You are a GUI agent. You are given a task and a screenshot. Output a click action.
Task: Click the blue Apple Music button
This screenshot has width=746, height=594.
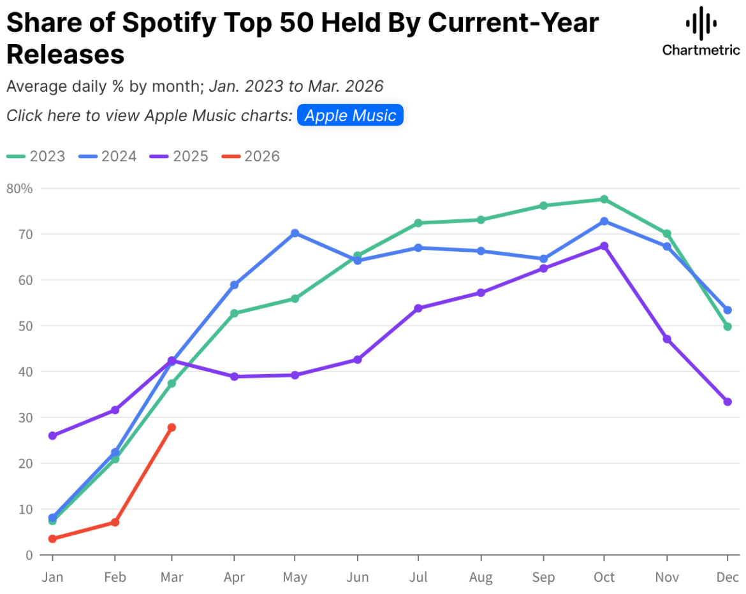click(x=350, y=115)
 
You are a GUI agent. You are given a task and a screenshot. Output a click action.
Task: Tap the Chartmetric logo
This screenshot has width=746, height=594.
click(x=701, y=32)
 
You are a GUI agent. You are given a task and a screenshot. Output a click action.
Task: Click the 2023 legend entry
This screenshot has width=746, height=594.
click(x=36, y=156)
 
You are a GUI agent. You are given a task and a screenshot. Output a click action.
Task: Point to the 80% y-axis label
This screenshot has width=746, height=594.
click(x=19, y=188)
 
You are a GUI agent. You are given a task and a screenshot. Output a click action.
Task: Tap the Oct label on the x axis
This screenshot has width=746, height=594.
click(x=604, y=577)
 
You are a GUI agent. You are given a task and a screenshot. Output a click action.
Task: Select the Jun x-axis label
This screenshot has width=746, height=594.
click(x=357, y=577)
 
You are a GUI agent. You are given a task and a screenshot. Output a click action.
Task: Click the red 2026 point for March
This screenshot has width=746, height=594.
click(x=172, y=427)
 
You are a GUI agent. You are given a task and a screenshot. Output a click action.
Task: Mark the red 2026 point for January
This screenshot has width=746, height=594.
click(x=52, y=539)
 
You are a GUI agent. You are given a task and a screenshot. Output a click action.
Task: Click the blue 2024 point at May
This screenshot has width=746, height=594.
click(x=295, y=233)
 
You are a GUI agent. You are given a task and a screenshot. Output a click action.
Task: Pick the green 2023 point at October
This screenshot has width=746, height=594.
click(x=604, y=199)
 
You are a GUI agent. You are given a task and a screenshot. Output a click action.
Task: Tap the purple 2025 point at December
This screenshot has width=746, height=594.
click(x=728, y=402)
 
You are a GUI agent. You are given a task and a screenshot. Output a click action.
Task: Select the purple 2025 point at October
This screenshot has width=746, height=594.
click(x=604, y=246)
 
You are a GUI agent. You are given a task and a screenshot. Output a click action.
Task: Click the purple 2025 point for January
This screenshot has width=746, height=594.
click(x=52, y=436)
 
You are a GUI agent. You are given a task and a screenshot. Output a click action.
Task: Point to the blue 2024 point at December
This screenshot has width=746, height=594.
click(x=728, y=310)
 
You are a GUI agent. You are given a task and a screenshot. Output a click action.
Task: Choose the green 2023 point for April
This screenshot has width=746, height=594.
click(x=234, y=314)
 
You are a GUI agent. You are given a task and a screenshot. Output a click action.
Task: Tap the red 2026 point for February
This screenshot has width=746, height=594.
click(x=115, y=522)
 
